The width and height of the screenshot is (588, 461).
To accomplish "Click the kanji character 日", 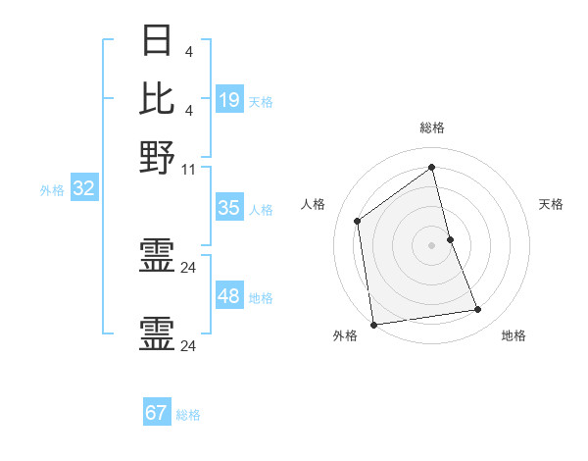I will [x=157, y=39].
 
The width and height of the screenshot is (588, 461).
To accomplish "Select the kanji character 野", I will [x=157, y=155].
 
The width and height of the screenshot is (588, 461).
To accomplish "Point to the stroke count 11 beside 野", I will [x=190, y=169].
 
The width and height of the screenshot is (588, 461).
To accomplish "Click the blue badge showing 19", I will [x=229, y=100].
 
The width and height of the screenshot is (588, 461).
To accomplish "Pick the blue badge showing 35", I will [x=229, y=208].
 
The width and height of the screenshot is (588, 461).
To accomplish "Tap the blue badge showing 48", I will [x=229, y=296].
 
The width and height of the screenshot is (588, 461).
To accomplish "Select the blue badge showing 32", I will [x=83, y=189].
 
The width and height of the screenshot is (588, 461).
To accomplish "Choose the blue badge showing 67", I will [x=157, y=413].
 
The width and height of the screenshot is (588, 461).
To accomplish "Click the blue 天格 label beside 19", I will [x=261, y=102].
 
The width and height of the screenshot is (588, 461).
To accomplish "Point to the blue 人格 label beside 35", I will [x=261, y=210].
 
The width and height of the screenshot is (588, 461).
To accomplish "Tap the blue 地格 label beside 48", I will [x=261, y=298].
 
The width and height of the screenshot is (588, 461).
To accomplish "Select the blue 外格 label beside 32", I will [x=52, y=191].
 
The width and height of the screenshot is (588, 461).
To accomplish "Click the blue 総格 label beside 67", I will [x=188, y=415].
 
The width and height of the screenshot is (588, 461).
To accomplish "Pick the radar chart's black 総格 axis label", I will [x=432, y=128].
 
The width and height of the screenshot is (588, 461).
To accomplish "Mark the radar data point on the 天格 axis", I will [x=450, y=239].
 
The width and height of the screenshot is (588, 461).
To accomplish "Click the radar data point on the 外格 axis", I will [x=373, y=324].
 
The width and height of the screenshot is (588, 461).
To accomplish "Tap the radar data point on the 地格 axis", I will [x=478, y=310].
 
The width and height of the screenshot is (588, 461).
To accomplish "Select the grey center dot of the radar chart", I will [x=432, y=245].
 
